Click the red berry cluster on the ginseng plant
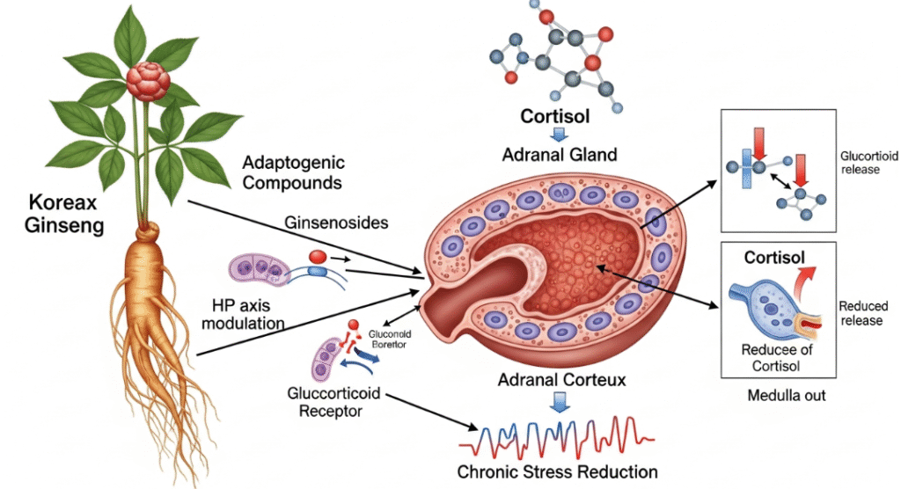(147, 80)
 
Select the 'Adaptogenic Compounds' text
(293, 173)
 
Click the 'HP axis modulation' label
(248, 314)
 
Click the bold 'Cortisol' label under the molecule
(556, 117)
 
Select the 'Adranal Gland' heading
(559, 155)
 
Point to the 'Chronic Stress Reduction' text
(557, 471)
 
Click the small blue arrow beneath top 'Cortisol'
(556, 135)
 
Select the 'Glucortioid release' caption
(861, 162)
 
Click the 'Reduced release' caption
(863, 313)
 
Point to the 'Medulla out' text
(786, 395)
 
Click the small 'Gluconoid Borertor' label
(392, 339)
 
